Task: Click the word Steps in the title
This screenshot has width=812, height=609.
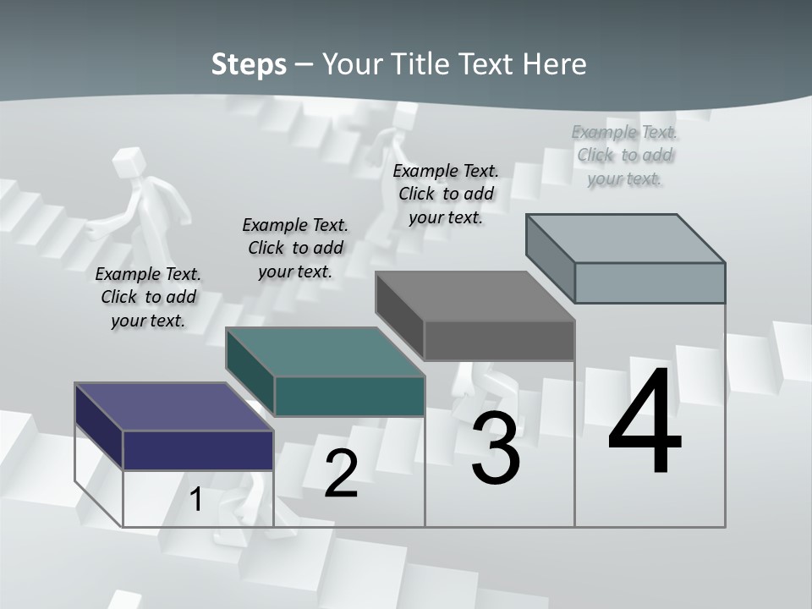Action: pyautogui.click(x=249, y=64)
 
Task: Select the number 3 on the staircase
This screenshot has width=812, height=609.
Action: pyautogui.click(x=496, y=449)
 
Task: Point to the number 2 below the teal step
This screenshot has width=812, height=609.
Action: pyautogui.click(x=341, y=474)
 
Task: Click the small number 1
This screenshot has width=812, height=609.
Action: pyautogui.click(x=196, y=499)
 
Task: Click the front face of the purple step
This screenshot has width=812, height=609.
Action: pyautogui.click(x=198, y=450)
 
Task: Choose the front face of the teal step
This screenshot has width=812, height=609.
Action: pyautogui.click(x=349, y=396)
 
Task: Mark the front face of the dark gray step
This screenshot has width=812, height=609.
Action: pyautogui.click(x=499, y=340)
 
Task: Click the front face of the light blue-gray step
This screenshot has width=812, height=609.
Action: pyautogui.click(x=650, y=283)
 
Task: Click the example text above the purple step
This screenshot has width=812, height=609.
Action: pyautogui.click(x=148, y=297)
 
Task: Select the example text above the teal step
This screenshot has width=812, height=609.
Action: pyautogui.click(x=295, y=248)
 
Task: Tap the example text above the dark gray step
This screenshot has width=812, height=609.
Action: pyautogui.click(x=446, y=194)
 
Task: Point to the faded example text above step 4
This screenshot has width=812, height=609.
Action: pyautogui.click(x=625, y=155)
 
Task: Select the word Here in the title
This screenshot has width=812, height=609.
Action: pyautogui.click(x=555, y=64)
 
